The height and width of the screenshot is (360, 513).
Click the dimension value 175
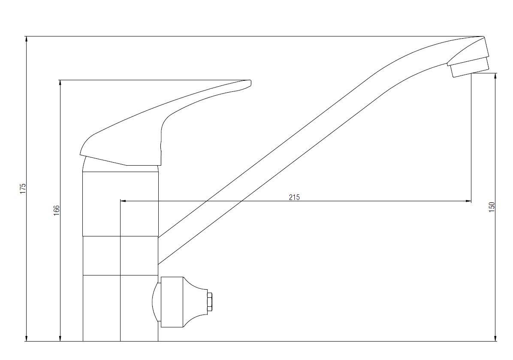click(x=23, y=189)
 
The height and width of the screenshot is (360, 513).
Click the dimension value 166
click(x=57, y=210)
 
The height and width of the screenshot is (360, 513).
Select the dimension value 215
click(x=294, y=197)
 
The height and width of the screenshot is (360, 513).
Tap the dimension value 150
click(x=492, y=207)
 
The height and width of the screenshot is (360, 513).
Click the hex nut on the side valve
click(x=210, y=302)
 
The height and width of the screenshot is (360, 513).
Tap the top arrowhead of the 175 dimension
click(x=27, y=39)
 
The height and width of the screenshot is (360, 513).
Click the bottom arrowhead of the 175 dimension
click(x=27, y=338)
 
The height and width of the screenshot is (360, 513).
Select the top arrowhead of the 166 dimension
click(x=60, y=83)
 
